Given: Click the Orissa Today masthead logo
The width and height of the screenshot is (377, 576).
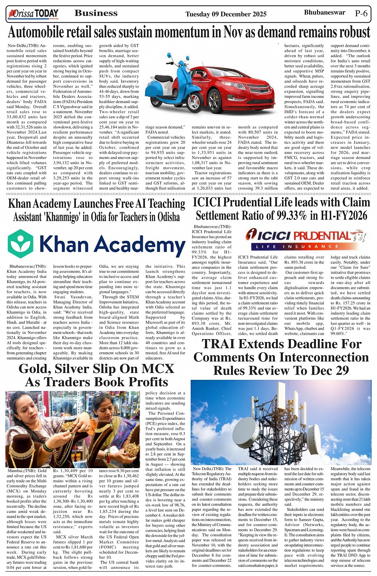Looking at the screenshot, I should [33, 14].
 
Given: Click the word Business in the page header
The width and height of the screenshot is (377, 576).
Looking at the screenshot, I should [96, 13].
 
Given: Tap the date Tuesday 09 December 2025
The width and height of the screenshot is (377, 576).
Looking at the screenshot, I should [226, 14].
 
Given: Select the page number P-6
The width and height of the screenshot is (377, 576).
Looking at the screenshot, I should [361, 13].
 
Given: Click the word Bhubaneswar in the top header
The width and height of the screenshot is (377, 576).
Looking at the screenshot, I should [324, 12].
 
